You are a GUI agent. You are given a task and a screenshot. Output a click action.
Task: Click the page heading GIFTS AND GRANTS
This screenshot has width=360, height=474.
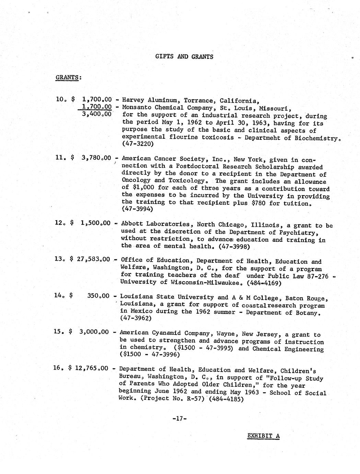point(184,57)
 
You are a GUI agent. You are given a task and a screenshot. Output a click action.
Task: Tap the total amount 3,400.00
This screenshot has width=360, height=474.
point(97,114)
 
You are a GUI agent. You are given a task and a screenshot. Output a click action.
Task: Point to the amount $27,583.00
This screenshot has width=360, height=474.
point(90,259)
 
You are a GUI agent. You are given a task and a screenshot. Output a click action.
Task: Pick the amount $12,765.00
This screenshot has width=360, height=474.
point(88,368)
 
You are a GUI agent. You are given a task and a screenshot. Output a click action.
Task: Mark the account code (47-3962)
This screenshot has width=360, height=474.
point(136,318)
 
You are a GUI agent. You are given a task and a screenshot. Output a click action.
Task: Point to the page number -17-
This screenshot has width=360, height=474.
point(179,418)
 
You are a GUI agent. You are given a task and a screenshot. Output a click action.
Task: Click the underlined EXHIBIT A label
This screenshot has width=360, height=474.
point(264,436)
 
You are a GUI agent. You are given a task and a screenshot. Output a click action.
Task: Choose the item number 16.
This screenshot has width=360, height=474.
point(58,368)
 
